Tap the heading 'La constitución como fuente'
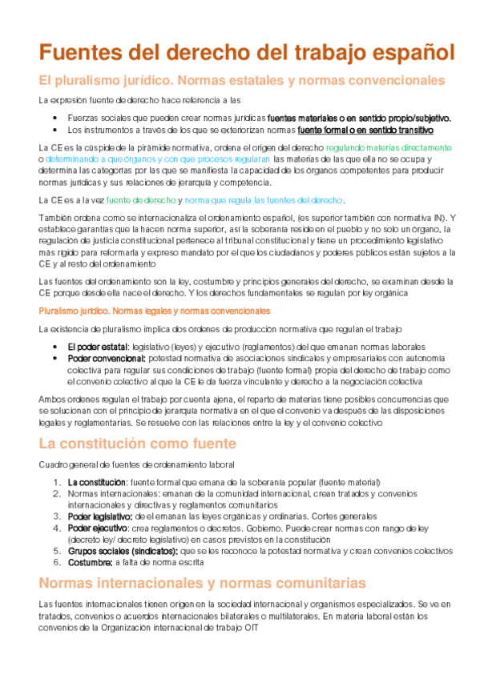pyautogui.click(x=137, y=443)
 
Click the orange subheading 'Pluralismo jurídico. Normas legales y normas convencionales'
pyautogui.click(x=154, y=310)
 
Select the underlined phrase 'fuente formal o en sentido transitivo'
pyautogui.click(x=365, y=129)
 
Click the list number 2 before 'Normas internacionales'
pyautogui.click(x=56, y=494)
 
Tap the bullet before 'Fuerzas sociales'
pyautogui.click(x=54, y=118)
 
